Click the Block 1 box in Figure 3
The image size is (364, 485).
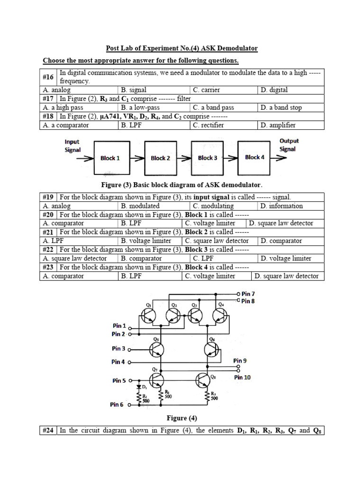tap(110, 158)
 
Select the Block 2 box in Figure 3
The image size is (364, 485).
tap(160, 158)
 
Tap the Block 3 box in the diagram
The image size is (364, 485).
tap(208, 158)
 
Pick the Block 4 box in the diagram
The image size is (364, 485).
tap(255, 157)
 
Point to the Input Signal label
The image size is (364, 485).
tap(73, 145)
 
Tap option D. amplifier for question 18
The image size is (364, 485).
tap(277, 125)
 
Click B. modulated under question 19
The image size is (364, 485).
tap(140, 206)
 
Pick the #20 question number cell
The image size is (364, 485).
tap(48, 215)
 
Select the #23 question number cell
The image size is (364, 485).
tap(48, 267)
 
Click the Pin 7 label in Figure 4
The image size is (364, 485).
tap(248, 294)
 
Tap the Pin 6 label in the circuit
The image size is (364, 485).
tap(117, 404)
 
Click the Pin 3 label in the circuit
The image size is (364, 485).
tap(118, 349)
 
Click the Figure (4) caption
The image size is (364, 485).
tap(182, 418)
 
